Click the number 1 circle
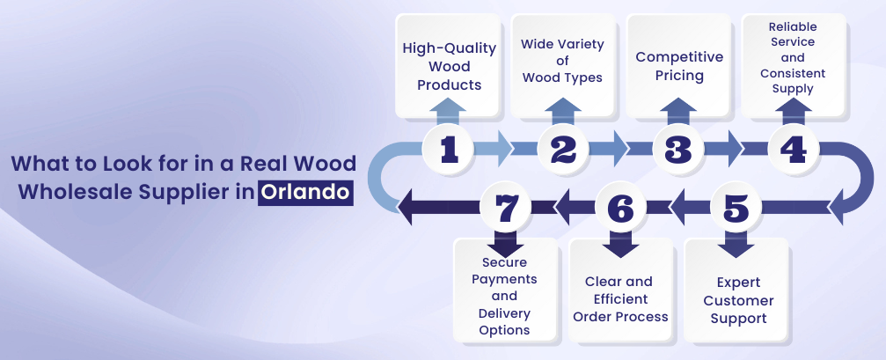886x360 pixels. coord(450,150)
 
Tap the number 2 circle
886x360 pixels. coord(564,150)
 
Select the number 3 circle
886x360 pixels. coord(678,150)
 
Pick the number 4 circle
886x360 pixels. coord(794,150)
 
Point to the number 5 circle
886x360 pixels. coord(736,208)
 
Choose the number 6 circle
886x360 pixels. coord(620,208)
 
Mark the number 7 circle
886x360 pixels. coord(506,208)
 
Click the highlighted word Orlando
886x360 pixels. coord(305,192)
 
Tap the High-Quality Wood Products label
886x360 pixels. coord(450,66)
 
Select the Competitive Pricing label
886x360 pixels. coord(679,66)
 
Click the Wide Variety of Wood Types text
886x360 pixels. coord(562,61)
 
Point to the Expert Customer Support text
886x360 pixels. coord(738,300)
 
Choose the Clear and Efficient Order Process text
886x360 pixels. coord(620,299)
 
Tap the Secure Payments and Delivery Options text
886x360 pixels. coord(505,296)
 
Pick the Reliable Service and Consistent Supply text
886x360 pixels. coord(793,57)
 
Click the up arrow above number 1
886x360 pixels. coord(450,111)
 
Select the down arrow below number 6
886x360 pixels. coord(620,244)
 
